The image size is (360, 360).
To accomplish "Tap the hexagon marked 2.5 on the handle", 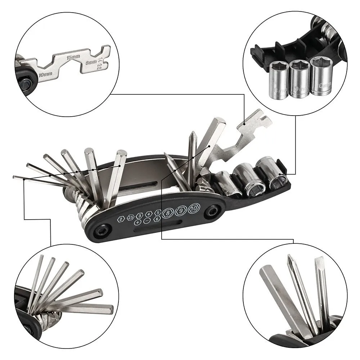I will [130, 217].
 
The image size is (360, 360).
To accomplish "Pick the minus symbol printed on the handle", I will [147, 221].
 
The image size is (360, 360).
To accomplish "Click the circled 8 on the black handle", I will [168, 213].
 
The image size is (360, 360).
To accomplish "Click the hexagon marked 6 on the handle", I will [157, 219].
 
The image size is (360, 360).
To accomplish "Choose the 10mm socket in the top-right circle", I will [321, 75].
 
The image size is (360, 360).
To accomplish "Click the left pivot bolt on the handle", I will [103, 230].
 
